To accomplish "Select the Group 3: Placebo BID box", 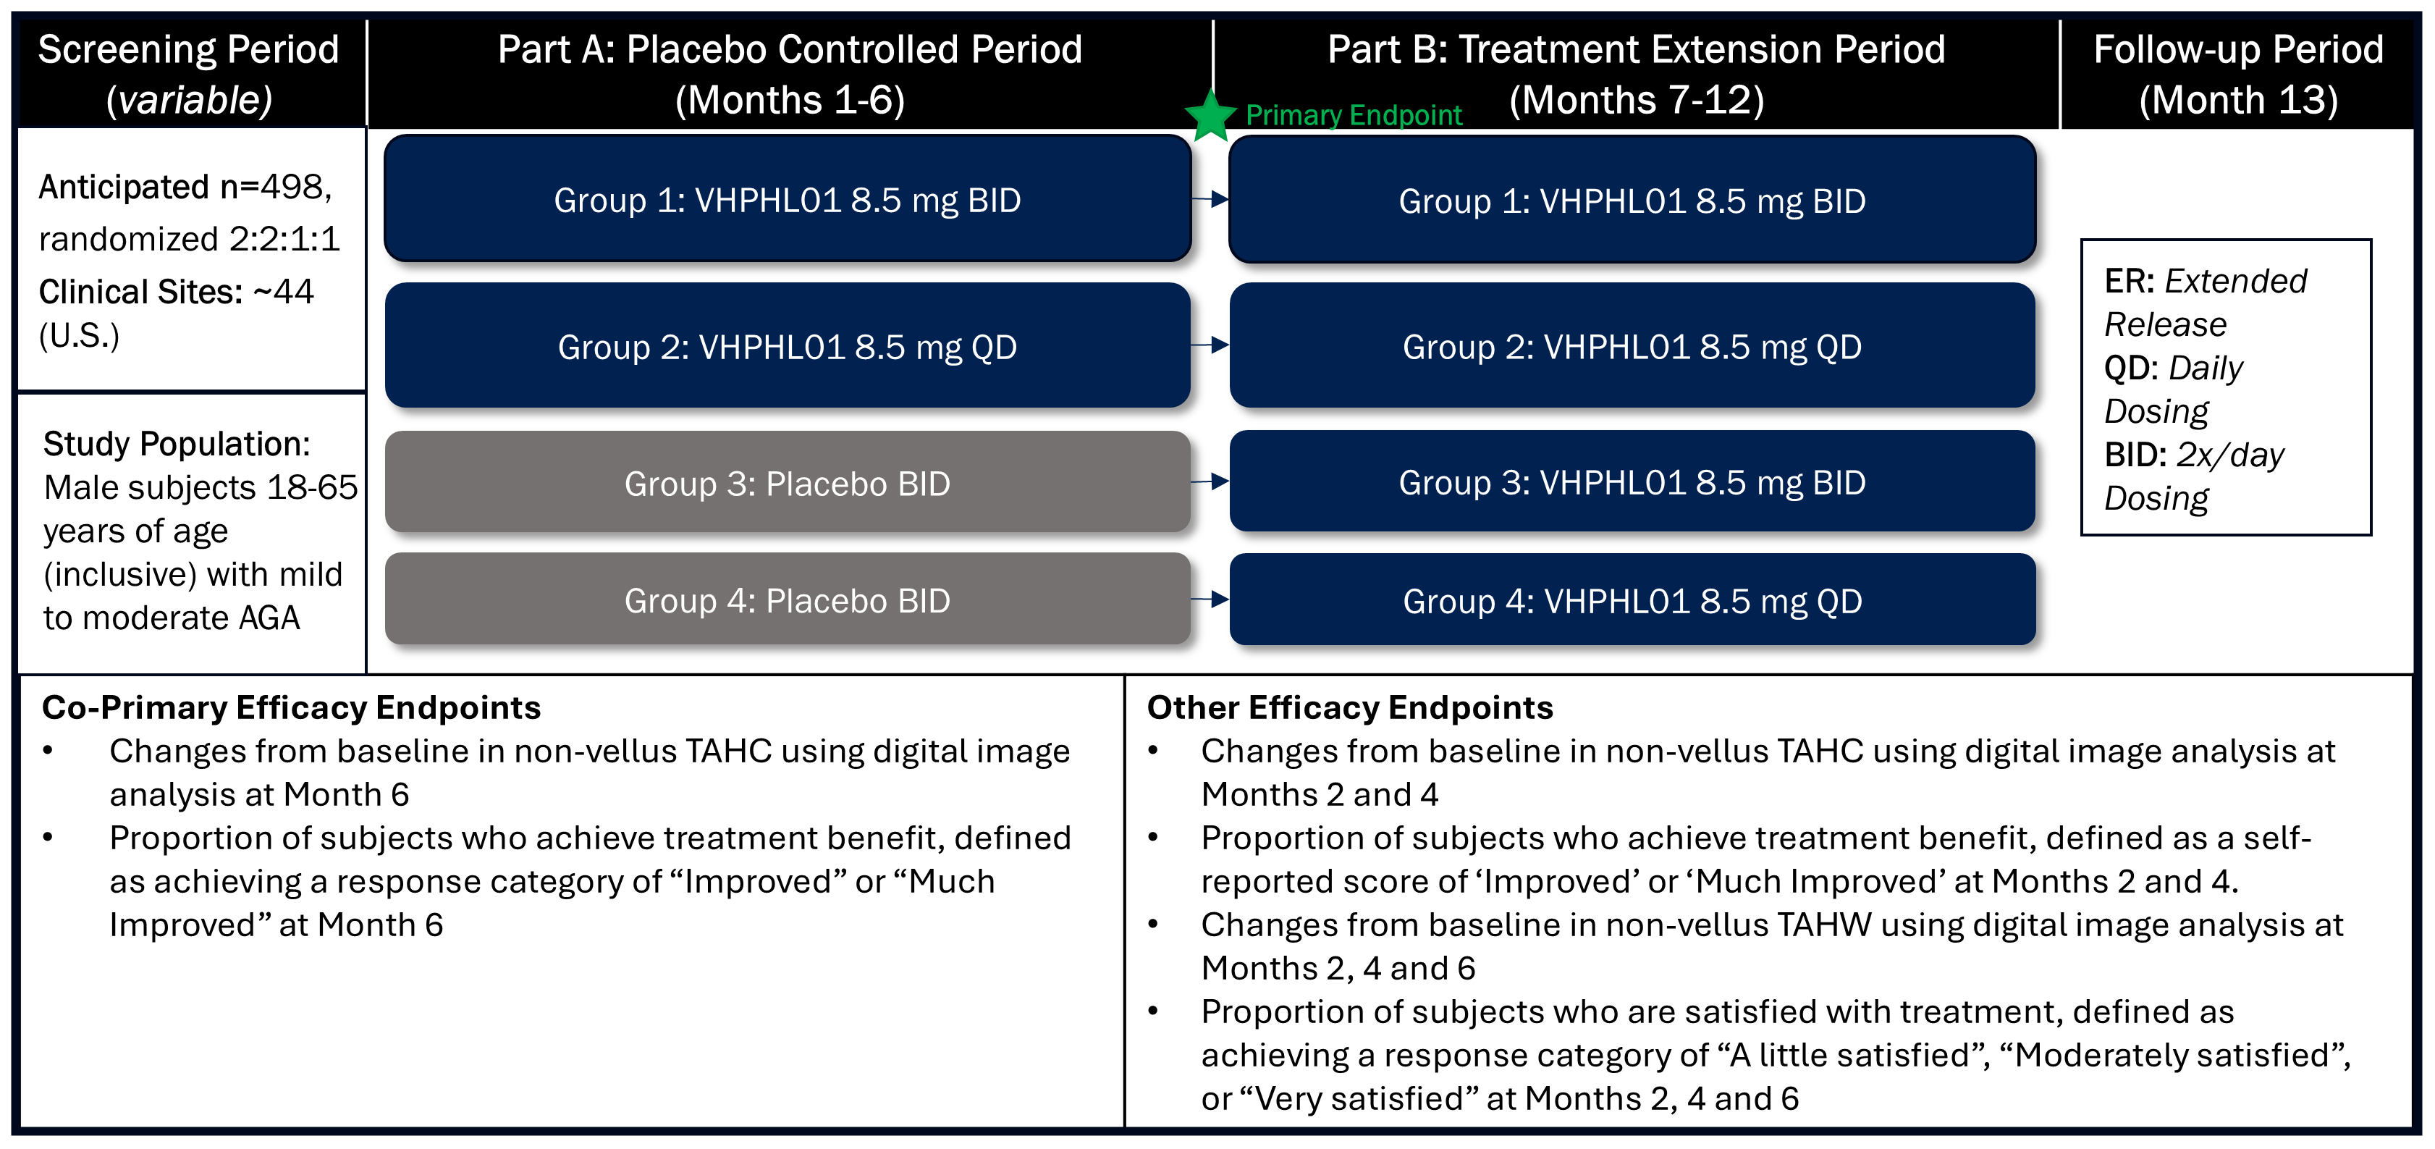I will [787, 482].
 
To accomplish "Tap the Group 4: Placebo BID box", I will [787, 599].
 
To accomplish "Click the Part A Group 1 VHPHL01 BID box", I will [787, 200].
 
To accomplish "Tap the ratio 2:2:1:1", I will [284, 239].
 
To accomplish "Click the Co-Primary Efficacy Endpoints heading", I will [291, 707].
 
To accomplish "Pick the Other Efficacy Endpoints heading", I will [1349, 707].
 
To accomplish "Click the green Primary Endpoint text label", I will [1353, 115].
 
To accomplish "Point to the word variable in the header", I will [189, 100].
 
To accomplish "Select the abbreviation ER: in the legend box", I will [2128, 281].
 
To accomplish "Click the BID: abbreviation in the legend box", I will [2135, 455].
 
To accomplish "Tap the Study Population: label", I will [177, 444].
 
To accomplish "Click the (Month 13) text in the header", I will [2237, 100].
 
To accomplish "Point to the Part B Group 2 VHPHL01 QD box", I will [1632, 346].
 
